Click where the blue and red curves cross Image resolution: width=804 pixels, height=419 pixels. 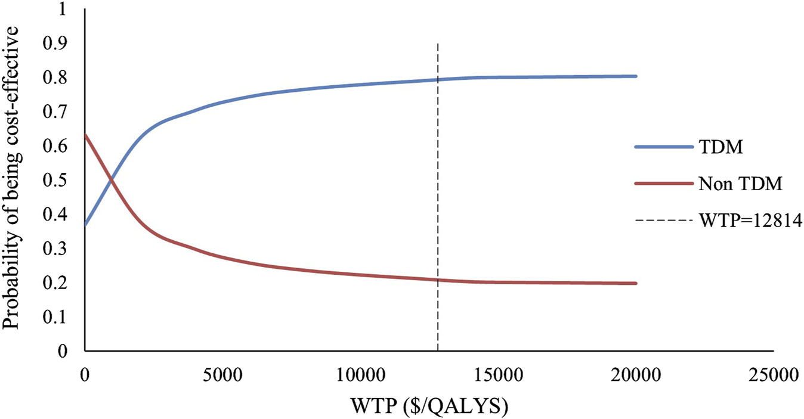[111, 179]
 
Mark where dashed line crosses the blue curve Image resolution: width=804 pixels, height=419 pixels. [438, 79]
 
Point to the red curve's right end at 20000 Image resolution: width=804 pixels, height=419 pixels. [636, 283]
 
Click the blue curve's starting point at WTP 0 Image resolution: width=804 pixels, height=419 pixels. [85, 225]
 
